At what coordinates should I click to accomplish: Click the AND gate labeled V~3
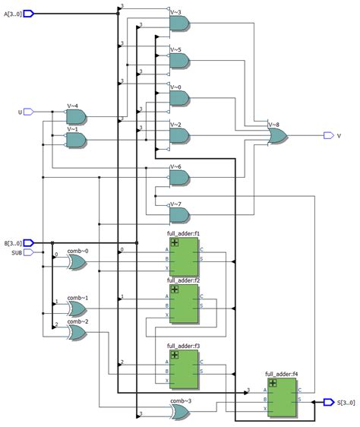(x=179, y=24)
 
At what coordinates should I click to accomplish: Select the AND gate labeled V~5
(x=179, y=61)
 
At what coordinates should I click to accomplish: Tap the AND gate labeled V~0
(x=179, y=98)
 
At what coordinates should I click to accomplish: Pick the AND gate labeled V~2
(x=179, y=135)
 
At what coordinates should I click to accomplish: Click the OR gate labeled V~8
(x=278, y=135)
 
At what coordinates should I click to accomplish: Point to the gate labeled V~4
(x=76, y=116)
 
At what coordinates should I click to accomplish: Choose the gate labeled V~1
(x=76, y=139)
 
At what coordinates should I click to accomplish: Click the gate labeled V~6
(x=179, y=177)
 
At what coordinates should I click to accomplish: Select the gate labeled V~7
(x=179, y=214)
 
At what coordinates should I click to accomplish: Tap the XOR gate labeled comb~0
(x=77, y=262)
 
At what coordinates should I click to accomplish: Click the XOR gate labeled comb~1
(x=77, y=308)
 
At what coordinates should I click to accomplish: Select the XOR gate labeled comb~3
(x=180, y=411)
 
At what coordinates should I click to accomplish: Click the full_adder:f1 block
(x=183, y=256)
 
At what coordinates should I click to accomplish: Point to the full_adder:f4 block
(x=281, y=398)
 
